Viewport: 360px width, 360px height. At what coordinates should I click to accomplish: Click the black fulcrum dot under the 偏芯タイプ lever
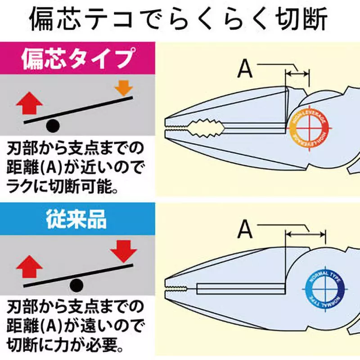(x=53, y=126)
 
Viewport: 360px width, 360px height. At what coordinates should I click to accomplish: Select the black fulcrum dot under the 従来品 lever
(x=77, y=284)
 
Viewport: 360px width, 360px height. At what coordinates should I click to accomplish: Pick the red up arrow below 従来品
(x=30, y=265)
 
